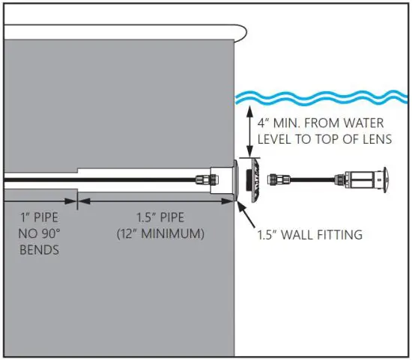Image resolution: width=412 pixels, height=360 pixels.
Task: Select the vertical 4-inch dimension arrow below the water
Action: click(x=249, y=130)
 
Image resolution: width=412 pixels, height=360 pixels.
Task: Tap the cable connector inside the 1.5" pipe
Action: click(x=202, y=180)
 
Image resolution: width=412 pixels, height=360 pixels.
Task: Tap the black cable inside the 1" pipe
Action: click(x=37, y=180)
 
